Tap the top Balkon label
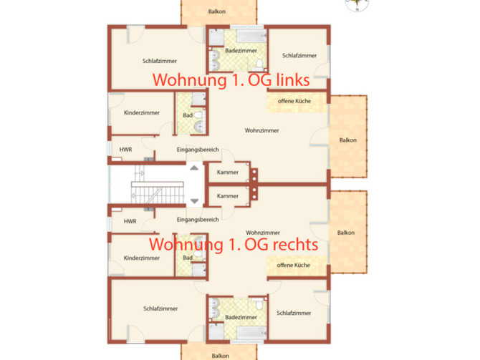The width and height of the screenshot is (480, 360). [218, 11]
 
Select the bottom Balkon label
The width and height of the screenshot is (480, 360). [220, 355]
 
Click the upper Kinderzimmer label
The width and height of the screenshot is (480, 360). [141, 113]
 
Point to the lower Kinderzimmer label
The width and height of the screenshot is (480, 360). [140, 258]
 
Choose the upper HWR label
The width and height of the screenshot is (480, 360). [125, 149]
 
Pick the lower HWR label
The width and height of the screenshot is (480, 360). [130, 221]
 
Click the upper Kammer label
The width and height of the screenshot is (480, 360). [227, 172]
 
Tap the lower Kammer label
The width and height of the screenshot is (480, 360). [227, 195]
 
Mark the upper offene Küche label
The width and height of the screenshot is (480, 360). [294, 102]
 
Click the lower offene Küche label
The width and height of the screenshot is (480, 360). [292, 265]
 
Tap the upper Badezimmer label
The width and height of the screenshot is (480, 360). [241, 52]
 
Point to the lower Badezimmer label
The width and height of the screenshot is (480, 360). [241, 316]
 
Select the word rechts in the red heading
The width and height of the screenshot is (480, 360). [291, 244]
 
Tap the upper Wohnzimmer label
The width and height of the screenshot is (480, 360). [261, 130]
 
